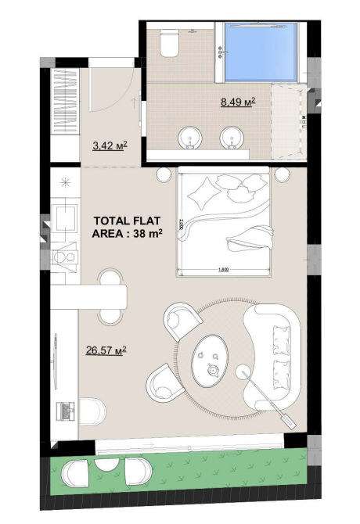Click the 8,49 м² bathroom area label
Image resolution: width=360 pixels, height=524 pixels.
click(238, 102)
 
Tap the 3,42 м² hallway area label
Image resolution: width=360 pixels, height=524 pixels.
click(110, 145)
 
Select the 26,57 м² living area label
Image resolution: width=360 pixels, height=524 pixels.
click(106, 350)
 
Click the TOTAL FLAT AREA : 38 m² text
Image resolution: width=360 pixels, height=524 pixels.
click(127, 228)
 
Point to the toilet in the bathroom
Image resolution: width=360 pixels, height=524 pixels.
click(169, 43)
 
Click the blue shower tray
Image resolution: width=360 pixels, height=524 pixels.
click(261, 52)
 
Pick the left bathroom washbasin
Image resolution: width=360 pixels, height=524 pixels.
click(190, 138)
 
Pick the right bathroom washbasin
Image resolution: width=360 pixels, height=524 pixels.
click(232, 138)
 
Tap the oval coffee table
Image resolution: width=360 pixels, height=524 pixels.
click(210, 361)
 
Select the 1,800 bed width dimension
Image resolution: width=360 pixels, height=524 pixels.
click(223, 270)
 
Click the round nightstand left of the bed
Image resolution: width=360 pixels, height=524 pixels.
click(164, 174)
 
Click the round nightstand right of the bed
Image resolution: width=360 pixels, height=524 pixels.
click(282, 174)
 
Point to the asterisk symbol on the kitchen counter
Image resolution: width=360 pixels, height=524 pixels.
click(65, 182)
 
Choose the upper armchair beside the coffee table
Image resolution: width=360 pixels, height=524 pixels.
click(182, 321)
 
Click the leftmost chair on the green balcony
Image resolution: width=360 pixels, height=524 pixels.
click(75, 471)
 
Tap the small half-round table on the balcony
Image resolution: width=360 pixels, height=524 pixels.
click(107, 465)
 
